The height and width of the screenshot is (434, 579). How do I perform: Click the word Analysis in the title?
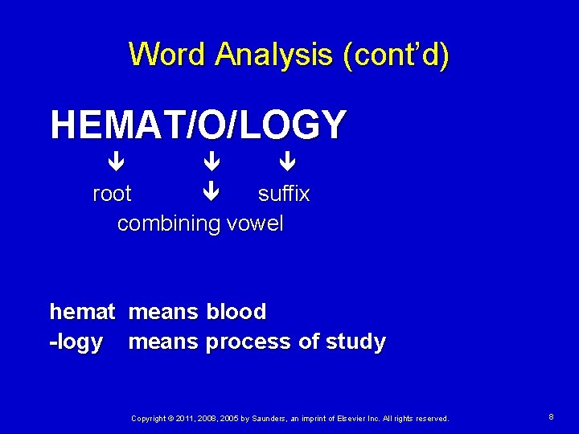pyautogui.click(x=273, y=55)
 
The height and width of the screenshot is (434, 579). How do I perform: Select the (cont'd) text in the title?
pyautogui.click(x=396, y=55)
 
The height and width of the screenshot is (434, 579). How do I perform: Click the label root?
pyautogui.click(x=112, y=194)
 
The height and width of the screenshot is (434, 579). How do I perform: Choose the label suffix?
pyautogui.click(x=283, y=194)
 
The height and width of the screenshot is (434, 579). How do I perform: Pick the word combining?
pyautogui.click(x=169, y=223)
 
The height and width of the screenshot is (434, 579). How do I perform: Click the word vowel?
pyautogui.click(x=255, y=223)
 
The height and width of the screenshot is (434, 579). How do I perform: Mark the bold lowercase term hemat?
pyautogui.click(x=82, y=312)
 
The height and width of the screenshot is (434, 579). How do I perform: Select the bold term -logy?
pyautogui.click(x=76, y=342)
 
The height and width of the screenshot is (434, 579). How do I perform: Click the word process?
pyautogui.click(x=248, y=342)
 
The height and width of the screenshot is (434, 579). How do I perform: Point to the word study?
pyautogui.click(x=355, y=342)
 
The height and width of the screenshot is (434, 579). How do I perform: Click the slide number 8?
pyautogui.click(x=551, y=417)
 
